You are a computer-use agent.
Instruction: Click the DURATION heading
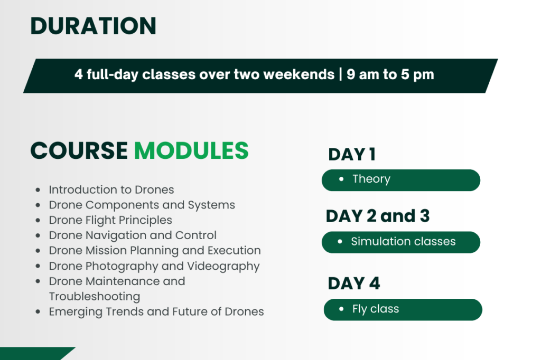click(93, 26)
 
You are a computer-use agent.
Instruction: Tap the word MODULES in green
click(191, 150)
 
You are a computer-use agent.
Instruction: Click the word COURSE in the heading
click(79, 150)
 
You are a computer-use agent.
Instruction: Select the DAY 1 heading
click(352, 154)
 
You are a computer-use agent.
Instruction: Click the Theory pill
click(401, 180)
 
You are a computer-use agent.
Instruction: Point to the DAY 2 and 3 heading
click(378, 216)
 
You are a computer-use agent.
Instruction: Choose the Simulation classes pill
click(401, 242)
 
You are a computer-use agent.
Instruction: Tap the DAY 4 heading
click(354, 283)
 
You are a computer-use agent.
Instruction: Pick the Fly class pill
click(403, 310)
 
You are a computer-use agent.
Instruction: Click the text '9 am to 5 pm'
click(390, 74)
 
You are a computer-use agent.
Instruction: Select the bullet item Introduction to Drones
click(111, 190)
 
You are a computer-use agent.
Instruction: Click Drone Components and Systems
click(142, 205)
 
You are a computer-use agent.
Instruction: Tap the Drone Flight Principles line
click(110, 220)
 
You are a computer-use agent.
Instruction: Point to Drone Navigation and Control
click(133, 235)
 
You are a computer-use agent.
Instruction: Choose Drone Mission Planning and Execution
click(155, 250)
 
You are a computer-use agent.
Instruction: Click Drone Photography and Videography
click(154, 266)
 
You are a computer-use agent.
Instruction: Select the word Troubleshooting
click(95, 297)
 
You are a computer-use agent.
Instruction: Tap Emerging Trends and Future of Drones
click(156, 312)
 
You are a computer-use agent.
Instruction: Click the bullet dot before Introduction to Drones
click(38, 190)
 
